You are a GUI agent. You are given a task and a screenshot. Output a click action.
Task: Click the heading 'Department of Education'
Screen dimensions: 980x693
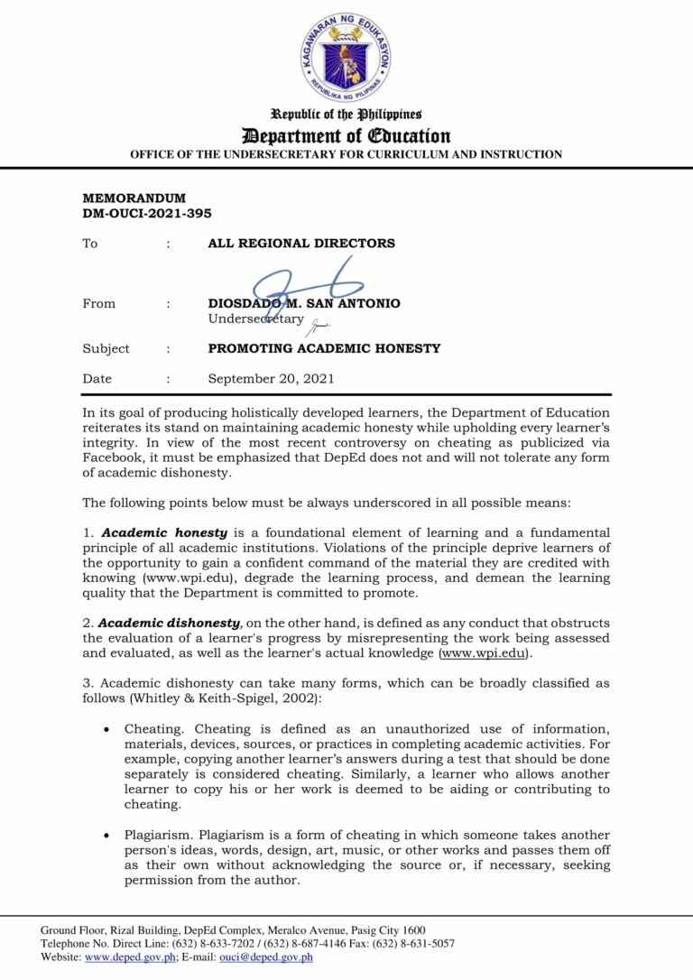tap(346, 136)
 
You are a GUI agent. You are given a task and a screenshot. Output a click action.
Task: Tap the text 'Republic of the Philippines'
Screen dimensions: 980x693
tap(346, 115)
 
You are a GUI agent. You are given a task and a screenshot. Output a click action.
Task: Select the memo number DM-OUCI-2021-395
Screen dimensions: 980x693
tap(147, 213)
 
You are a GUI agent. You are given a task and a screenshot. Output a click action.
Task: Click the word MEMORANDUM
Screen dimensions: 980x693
tap(134, 199)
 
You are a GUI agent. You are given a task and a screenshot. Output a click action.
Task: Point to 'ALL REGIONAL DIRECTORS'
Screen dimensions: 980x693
tap(301, 244)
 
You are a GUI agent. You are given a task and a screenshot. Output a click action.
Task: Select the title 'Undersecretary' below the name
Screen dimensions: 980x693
tap(256, 319)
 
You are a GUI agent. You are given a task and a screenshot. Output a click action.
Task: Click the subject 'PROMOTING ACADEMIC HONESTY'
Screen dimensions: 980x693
tap(324, 348)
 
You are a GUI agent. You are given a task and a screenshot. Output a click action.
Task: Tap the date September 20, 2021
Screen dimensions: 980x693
tap(271, 379)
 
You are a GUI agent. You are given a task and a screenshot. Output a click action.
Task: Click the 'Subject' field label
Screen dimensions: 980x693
tap(106, 348)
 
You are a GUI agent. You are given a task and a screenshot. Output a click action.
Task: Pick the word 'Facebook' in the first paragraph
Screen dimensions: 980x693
tap(113, 458)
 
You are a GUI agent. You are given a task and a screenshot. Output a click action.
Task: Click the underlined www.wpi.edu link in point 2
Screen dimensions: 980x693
tap(482, 652)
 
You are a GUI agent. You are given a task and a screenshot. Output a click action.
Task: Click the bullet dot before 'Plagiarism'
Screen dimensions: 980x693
tap(107, 836)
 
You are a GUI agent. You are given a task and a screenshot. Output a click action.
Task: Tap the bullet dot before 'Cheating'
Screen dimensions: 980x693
tap(107, 729)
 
